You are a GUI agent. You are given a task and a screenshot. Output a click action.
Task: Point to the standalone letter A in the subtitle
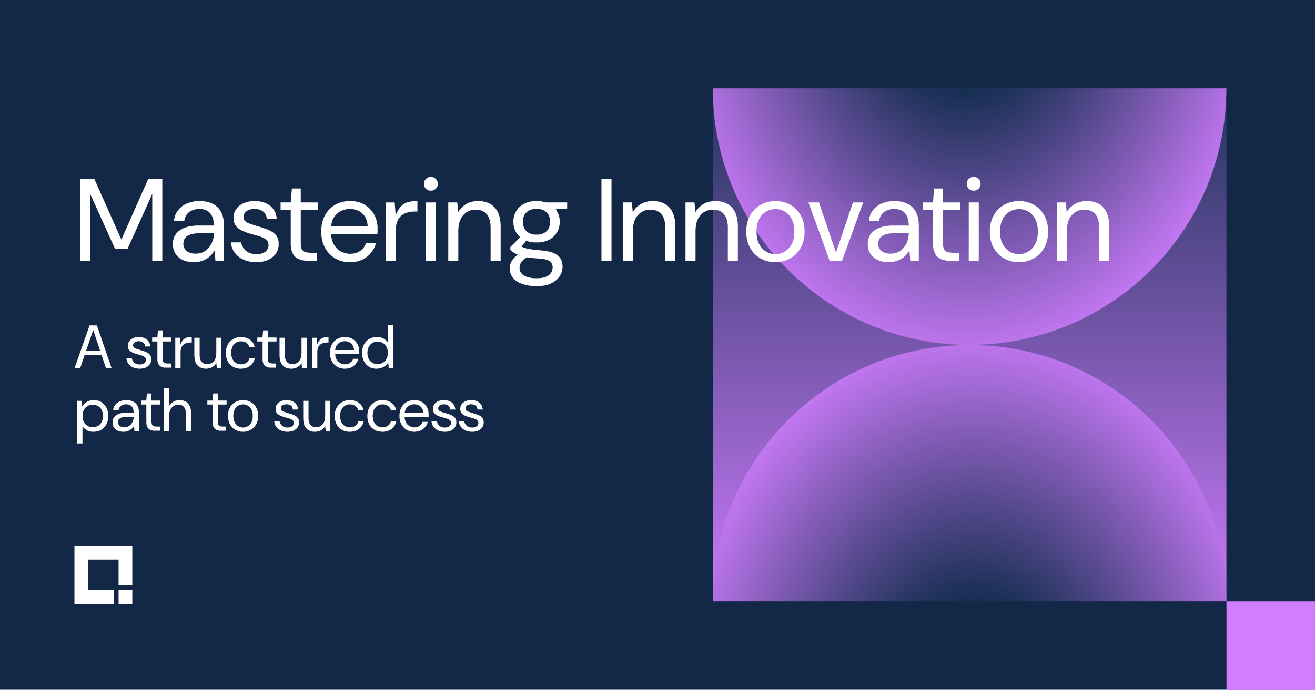coord(93,347)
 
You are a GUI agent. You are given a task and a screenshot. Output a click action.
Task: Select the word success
coord(379,415)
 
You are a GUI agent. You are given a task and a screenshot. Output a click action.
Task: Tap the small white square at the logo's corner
coord(125,597)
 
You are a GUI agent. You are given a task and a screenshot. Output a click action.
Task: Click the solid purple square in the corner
coord(1270,645)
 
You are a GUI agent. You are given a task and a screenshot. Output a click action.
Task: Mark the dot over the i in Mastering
coord(431,184)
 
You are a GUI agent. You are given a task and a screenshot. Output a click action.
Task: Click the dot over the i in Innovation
coord(974,184)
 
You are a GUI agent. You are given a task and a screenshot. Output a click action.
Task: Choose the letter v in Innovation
coord(836,231)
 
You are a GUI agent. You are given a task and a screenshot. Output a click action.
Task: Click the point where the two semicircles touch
coord(969,345)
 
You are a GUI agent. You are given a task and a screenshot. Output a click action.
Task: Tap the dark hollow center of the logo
coord(103,574)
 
